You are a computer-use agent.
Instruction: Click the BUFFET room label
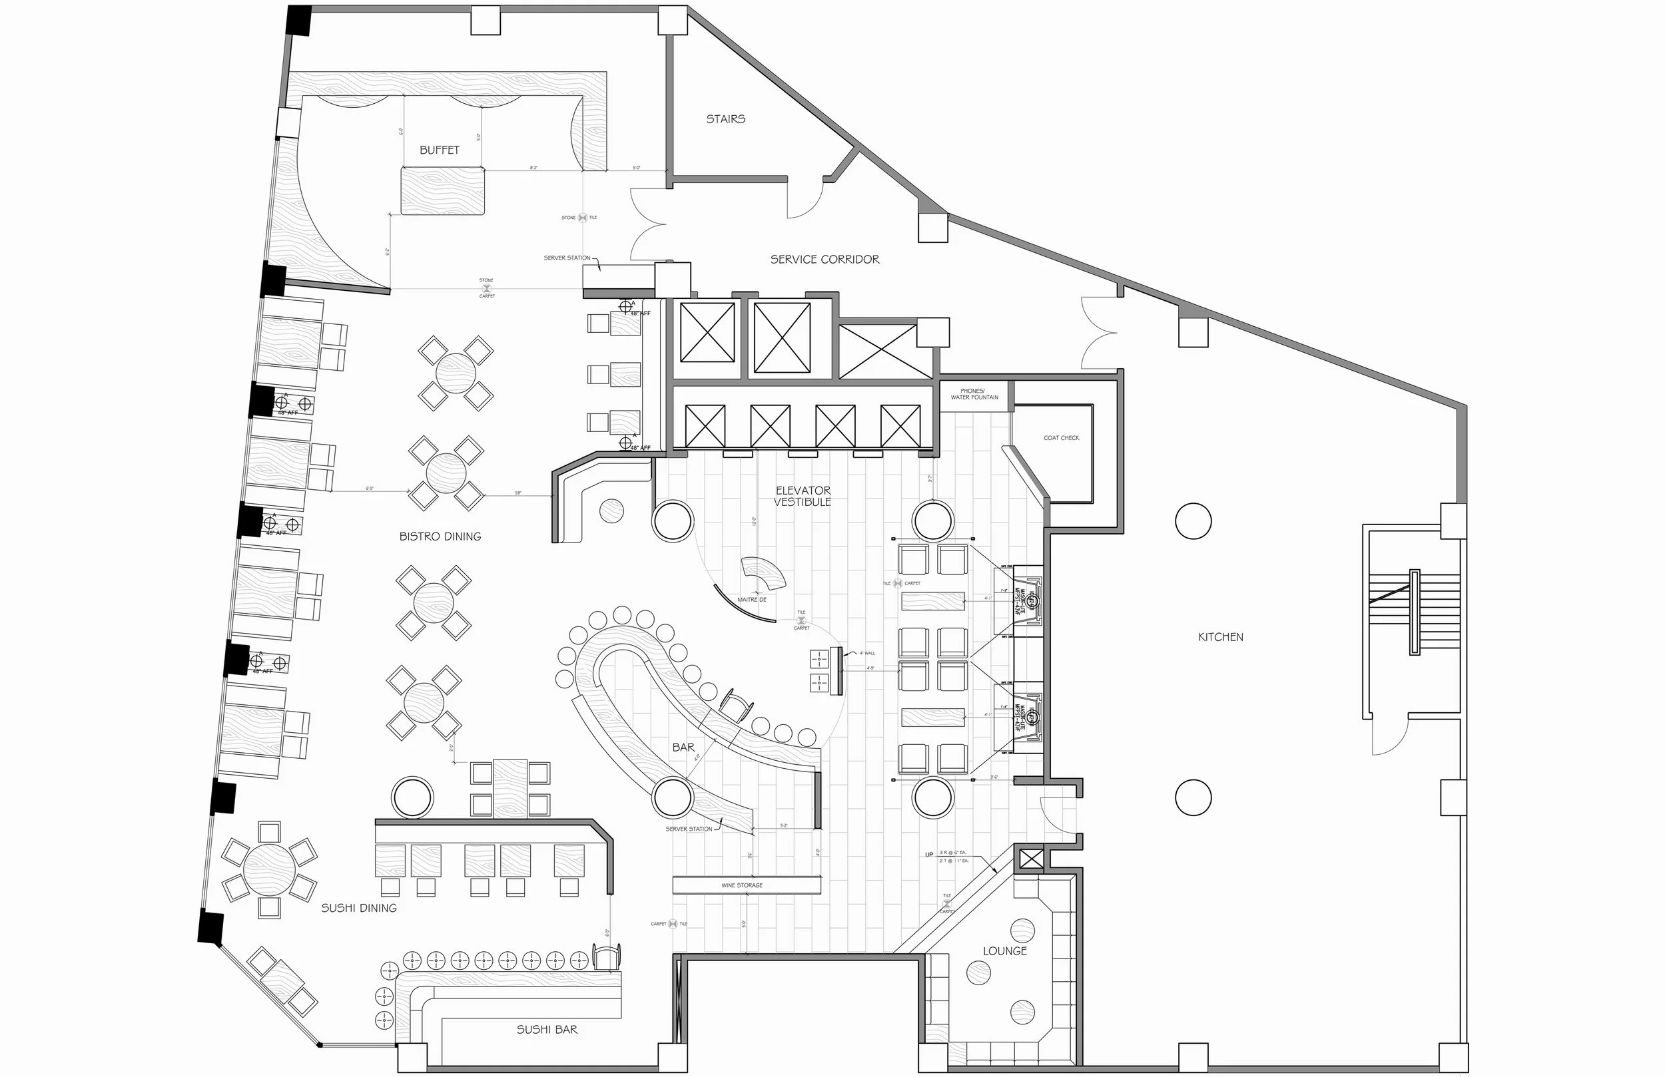click(440, 150)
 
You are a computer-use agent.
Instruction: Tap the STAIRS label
click(725, 119)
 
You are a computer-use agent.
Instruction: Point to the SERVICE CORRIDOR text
click(825, 260)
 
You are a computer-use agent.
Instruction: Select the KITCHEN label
click(1221, 637)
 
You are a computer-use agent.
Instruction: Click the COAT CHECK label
click(1061, 438)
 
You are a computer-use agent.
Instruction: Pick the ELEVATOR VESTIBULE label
click(803, 496)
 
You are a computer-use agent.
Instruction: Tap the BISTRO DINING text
click(440, 537)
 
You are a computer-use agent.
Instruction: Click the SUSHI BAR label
click(547, 1030)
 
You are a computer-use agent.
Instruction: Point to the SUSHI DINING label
click(359, 908)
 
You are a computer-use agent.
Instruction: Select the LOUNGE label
click(1004, 951)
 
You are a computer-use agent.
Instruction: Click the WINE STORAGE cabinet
click(747, 885)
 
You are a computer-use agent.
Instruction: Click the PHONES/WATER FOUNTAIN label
click(974, 395)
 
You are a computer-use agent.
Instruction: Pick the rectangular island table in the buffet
click(443, 190)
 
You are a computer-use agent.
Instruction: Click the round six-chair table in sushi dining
click(269, 869)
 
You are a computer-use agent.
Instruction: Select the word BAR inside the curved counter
click(683, 748)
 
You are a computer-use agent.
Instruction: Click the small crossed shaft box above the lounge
click(1030, 859)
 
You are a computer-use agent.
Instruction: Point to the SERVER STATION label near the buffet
click(567, 258)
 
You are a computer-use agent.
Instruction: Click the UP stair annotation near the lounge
click(929, 855)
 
